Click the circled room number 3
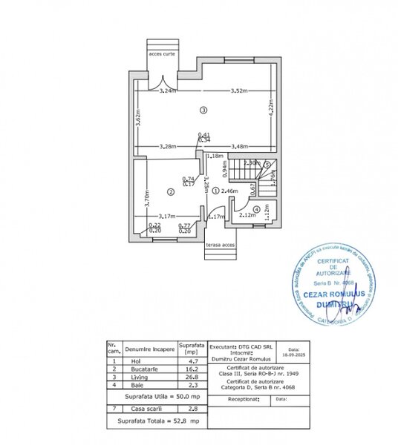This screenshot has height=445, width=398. pos(203,110)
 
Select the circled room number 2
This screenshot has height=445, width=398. pos(170,192)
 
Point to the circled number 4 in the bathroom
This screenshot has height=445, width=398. pos(256,209)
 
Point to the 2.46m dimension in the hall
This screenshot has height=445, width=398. pos(229,191)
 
